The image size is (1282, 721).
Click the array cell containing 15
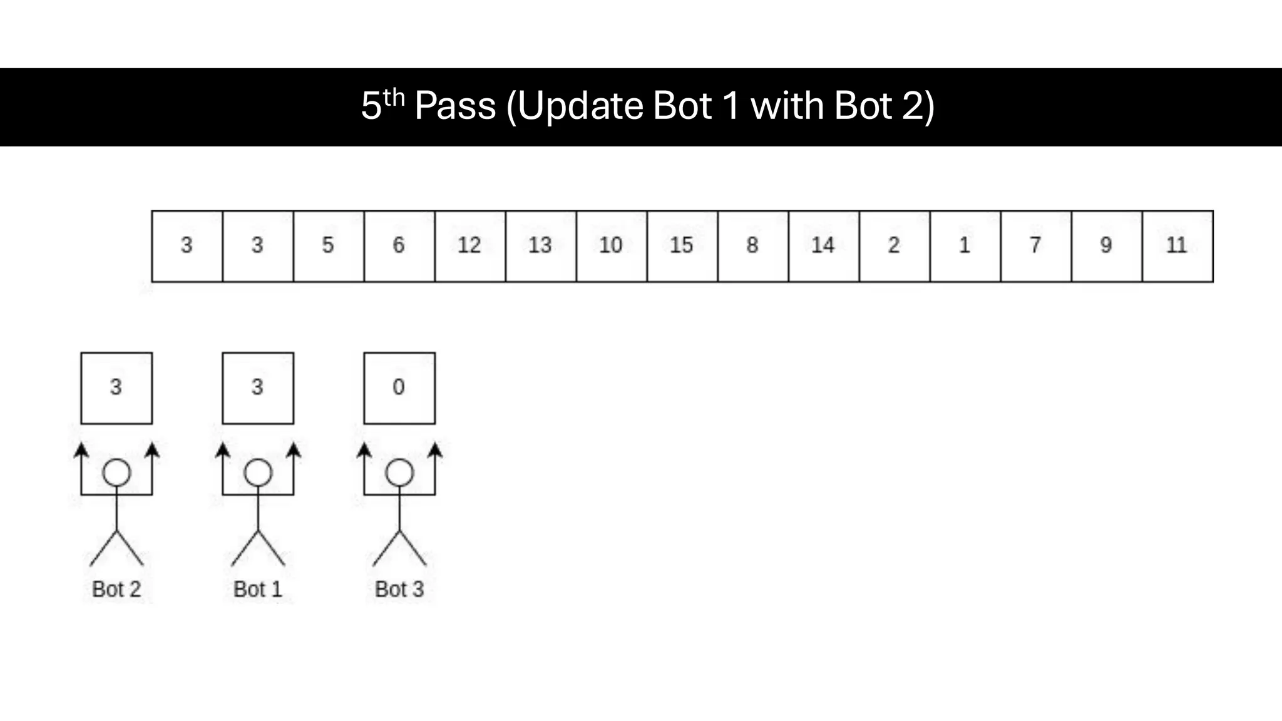682,246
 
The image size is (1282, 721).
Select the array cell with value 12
470,246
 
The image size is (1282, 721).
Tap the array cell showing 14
824,246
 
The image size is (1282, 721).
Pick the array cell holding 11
1177,246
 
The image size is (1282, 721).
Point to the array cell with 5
329,246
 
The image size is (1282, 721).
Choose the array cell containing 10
612,246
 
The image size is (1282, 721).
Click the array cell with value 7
1036,246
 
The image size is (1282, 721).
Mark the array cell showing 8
753,246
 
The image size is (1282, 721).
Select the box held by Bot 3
399,388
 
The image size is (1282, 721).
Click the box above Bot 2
116,388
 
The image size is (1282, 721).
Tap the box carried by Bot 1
258,388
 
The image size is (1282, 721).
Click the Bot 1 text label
258,589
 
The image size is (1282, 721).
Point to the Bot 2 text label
116,589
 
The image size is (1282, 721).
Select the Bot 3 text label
399,589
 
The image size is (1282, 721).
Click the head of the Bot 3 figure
399,473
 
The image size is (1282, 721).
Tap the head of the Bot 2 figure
116,473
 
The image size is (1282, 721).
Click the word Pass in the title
455,106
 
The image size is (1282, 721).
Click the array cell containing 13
541,246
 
